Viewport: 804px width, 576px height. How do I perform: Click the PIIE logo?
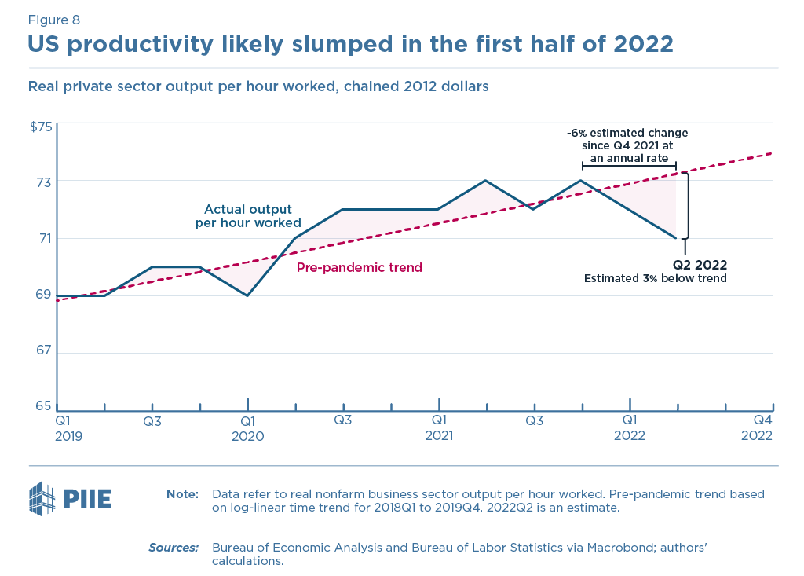(x=70, y=498)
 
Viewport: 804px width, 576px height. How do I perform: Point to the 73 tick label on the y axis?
(x=44, y=181)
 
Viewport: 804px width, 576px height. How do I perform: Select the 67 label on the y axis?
(x=44, y=350)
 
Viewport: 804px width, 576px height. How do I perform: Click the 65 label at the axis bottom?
(x=44, y=406)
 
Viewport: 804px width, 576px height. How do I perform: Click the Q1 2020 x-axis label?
(x=248, y=428)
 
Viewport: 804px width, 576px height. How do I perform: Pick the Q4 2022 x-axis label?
(x=758, y=428)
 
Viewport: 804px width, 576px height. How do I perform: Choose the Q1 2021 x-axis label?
(x=439, y=428)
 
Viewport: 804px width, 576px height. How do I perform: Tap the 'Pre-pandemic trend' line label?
(x=359, y=268)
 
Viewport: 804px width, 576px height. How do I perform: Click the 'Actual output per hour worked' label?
(x=248, y=216)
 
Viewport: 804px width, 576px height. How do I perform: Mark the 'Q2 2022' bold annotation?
(x=700, y=265)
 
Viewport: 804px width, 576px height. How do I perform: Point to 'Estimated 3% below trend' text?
(x=656, y=278)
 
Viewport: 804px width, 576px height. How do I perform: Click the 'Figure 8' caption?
(x=53, y=20)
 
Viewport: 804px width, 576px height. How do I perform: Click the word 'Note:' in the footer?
(x=183, y=494)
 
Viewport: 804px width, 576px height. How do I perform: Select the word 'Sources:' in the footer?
(x=174, y=547)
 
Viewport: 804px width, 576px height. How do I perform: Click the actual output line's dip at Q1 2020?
(x=248, y=295)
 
